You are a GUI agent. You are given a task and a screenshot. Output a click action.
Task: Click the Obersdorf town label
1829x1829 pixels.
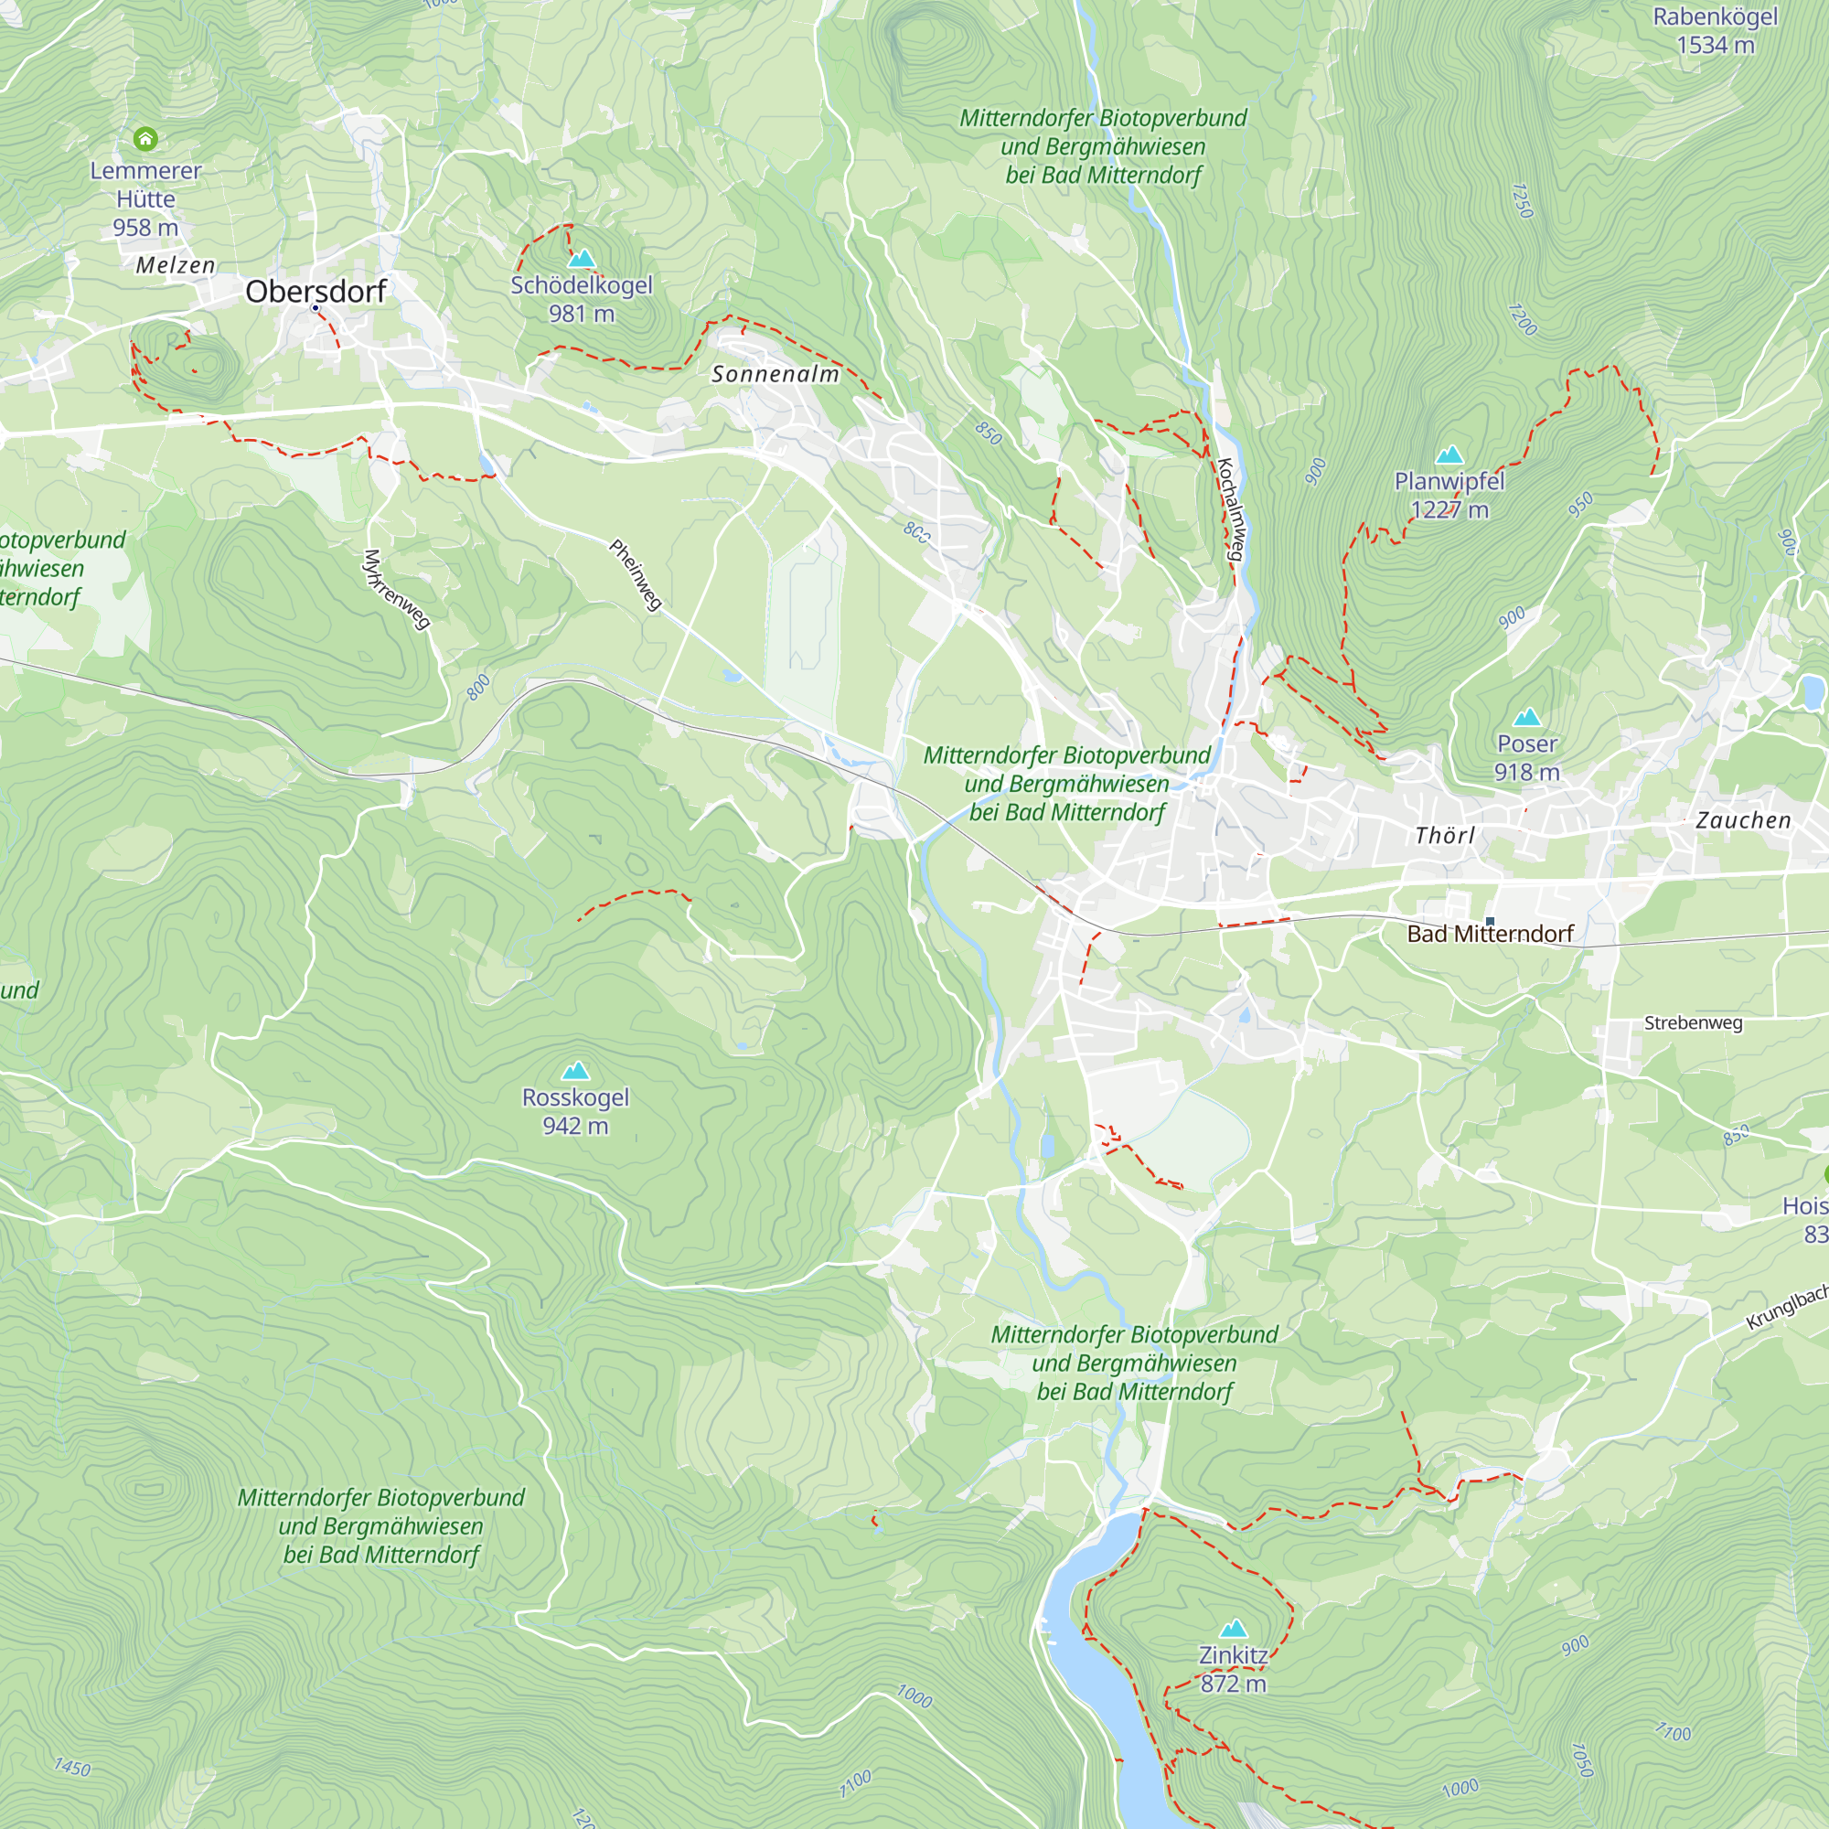[316, 291]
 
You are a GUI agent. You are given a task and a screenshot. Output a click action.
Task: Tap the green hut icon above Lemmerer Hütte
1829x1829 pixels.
[144, 139]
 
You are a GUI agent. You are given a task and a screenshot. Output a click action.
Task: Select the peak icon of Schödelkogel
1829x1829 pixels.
[582, 259]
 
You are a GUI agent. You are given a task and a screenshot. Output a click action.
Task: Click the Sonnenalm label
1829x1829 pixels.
[775, 374]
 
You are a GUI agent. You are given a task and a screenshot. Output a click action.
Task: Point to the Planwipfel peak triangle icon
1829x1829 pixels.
[1449, 455]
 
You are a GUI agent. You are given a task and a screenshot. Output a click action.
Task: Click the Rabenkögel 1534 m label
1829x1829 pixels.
[1715, 30]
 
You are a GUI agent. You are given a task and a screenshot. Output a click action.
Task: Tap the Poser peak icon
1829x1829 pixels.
[1526, 718]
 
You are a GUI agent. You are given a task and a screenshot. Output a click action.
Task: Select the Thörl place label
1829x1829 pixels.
[1445, 835]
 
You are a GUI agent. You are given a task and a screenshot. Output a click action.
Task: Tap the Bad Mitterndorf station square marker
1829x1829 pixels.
[1490, 920]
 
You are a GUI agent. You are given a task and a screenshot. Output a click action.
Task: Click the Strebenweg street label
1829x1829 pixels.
[1693, 1022]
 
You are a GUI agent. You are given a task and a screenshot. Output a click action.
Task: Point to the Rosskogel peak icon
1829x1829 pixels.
[575, 1071]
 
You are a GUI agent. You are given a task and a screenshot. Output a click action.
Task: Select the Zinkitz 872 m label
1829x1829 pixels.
[1233, 1669]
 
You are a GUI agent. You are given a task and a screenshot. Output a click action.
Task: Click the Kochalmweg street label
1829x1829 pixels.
[1230, 510]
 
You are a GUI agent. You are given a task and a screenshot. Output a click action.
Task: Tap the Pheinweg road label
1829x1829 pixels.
[636, 574]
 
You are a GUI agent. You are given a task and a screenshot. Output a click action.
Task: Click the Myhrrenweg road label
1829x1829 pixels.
[397, 589]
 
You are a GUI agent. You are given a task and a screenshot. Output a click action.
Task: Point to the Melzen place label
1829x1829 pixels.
[176, 265]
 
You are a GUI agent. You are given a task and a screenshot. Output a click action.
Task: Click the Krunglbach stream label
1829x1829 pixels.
[1786, 1308]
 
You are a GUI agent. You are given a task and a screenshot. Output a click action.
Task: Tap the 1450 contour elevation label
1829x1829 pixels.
[72, 1767]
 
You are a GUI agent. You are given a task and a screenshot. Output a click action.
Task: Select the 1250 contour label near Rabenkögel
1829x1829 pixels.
[1522, 200]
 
